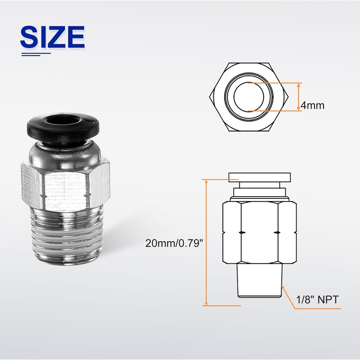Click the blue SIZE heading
[x=53, y=37]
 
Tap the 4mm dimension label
[x=312, y=106]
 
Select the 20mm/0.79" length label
[x=174, y=243]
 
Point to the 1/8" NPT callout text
[x=317, y=300]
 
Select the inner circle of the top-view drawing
[x=249, y=97]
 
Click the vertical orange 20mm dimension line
[x=207, y=243]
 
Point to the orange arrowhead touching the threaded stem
[x=283, y=287]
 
